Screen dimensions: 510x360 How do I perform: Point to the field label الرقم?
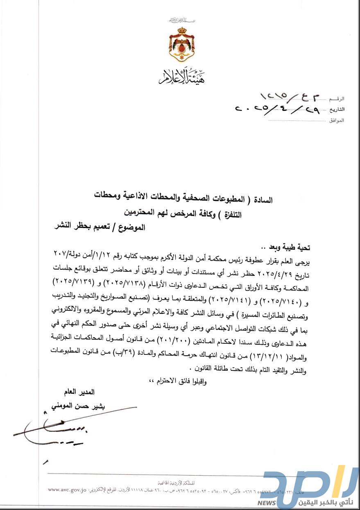[x=337, y=99]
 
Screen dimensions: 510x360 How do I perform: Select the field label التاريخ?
[x=337, y=110]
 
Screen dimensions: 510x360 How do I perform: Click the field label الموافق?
[x=336, y=121]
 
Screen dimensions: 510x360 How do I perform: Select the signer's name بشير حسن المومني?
[x=75, y=406]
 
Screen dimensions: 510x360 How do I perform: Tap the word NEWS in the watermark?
[x=267, y=503]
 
